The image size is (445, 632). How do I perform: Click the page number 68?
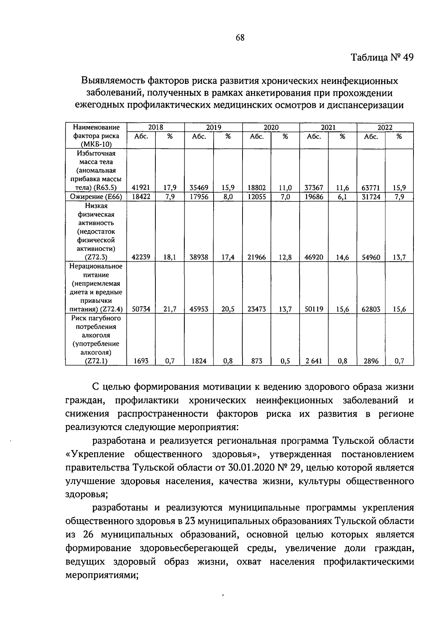pos(240,37)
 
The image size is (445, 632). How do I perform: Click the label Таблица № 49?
pos(382,58)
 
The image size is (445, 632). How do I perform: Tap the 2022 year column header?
pos(385,127)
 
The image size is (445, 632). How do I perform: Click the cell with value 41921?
pos(141,188)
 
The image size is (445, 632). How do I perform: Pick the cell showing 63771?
pos(371,188)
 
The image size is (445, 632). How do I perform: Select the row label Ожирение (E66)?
pos(96,197)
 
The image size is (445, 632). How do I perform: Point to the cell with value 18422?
pos(141,197)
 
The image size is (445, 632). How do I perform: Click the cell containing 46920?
pos(314,257)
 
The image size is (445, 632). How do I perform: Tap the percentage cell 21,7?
pos(170,309)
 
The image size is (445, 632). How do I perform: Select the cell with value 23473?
pos(257,309)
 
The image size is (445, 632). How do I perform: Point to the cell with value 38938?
pos(199,257)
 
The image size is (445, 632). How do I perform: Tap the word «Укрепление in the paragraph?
pos(94,455)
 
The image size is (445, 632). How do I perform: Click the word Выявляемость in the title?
pos(113,81)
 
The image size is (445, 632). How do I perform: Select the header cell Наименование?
pos(96,127)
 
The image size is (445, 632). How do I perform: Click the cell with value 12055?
pos(257,197)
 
